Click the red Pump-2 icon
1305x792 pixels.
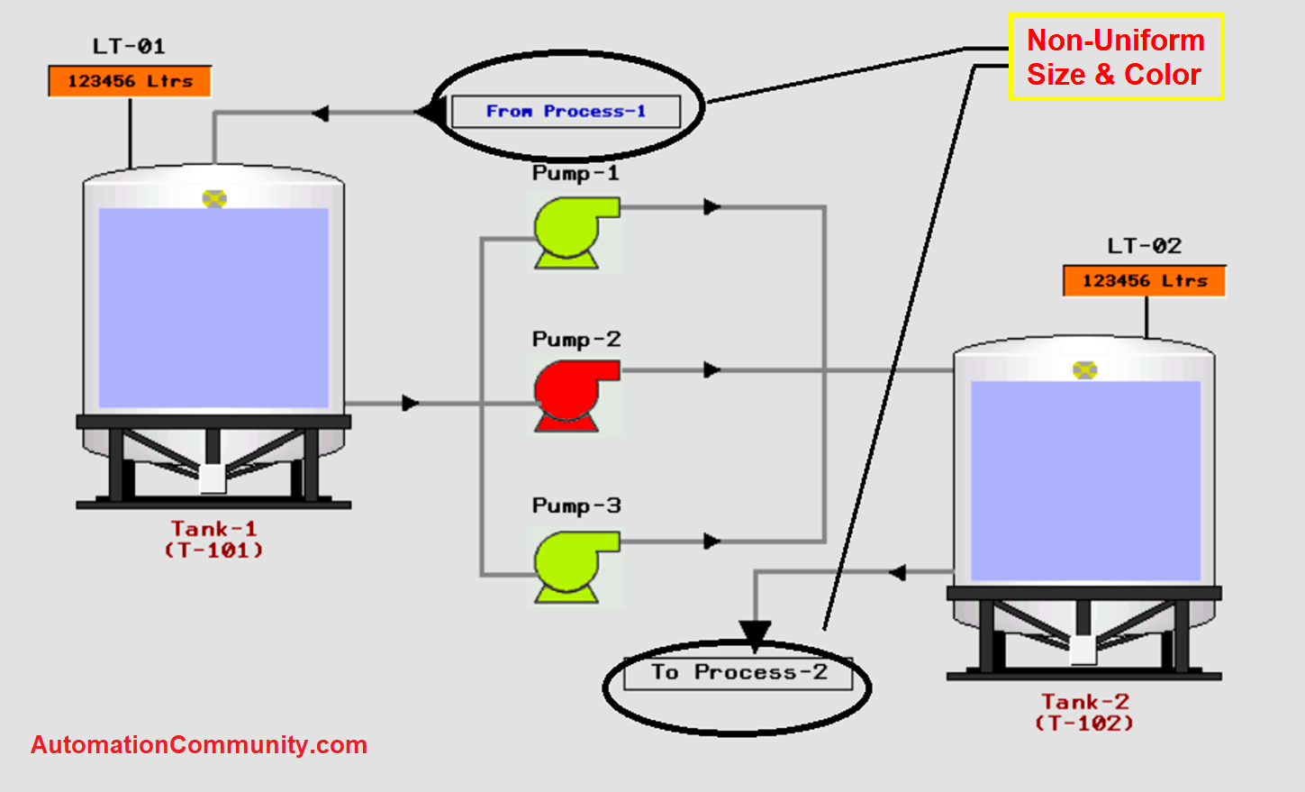[x=573, y=395]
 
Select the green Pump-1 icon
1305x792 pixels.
[x=573, y=232]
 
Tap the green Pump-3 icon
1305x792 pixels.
[x=573, y=566]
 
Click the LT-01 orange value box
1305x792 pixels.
[x=130, y=81]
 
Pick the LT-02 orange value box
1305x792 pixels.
[x=1144, y=281]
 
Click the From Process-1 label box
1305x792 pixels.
[x=566, y=112]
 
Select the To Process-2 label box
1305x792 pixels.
[x=738, y=673]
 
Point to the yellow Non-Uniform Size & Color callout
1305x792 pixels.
[x=1115, y=57]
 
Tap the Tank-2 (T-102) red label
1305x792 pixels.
[x=1084, y=712]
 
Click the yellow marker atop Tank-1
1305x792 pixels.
[x=214, y=199]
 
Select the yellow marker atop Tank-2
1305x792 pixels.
[x=1084, y=370]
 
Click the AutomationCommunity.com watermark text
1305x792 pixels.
[x=199, y=745]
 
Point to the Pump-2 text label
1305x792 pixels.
[x=576, y=340]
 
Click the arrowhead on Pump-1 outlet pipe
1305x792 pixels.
[x=712, y=207]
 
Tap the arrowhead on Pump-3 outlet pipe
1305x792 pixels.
[x=712, y=542]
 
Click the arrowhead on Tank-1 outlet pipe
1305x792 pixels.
[x=411, y=403]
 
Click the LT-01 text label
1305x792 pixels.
[x=129, y=46]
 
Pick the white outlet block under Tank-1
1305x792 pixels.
[x=213, y=478]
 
